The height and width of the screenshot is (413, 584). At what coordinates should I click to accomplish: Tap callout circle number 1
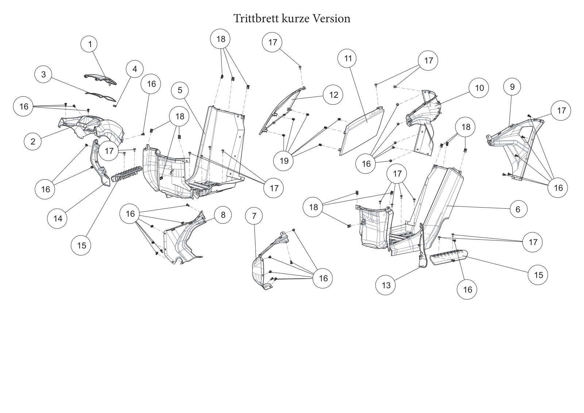[x=89, y=44]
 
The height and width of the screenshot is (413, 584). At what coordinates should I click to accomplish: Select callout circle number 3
[x=43, y=74]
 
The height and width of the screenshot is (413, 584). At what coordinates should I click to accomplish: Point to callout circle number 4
[x=135, y=69]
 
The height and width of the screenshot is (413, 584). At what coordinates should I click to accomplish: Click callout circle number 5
[x=180, y=90]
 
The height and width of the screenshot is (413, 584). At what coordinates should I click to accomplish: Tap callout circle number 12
[x=333, y=95]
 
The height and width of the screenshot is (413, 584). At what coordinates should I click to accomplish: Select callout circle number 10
[x=479, y=88]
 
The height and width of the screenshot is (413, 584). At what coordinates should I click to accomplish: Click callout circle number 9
[x=512, y=87]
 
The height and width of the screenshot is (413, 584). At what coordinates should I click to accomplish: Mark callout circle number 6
[x=518, y=209]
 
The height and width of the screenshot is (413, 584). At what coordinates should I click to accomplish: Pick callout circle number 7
[x=254, y=216]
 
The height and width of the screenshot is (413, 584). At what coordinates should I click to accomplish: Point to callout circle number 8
[x=223, y=215]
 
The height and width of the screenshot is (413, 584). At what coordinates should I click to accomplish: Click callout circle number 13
[x=385, y=285]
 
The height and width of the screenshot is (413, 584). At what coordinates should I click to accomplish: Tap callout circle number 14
[x=57, y=219]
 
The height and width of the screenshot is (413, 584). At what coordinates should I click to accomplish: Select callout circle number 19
[x=284, y=161]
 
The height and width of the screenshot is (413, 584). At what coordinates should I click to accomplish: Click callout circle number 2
[x=32, y=142]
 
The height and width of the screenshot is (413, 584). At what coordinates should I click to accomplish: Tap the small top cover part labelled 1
[x=100, y=80]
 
